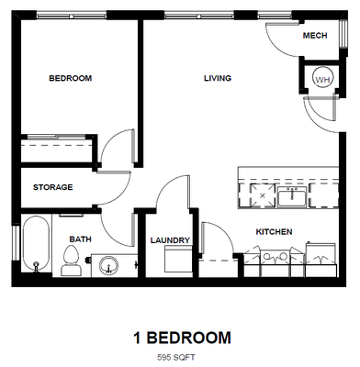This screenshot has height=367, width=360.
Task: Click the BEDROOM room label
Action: click(70, 79)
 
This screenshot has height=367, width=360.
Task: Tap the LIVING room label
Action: click(217, 79)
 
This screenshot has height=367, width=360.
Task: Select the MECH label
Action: click(315, 36)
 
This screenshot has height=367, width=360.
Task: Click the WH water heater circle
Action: click(322, 80)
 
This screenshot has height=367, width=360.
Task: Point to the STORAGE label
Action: click(52, 187)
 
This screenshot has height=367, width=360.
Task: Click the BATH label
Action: click(80, 240)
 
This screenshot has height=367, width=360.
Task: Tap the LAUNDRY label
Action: click(170, 240)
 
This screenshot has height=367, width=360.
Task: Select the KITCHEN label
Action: click(274, 231)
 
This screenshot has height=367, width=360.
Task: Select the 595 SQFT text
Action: click(179, 354)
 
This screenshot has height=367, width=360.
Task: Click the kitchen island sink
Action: click(297, 195)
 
